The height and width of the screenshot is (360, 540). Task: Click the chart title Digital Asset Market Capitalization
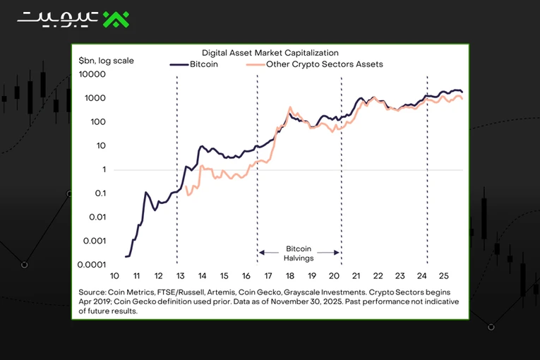click(x=270, y=53)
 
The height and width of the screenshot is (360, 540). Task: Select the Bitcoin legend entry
click(x=194, y=64)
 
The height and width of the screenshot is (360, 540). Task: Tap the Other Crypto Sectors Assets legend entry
click(x=314, y=64)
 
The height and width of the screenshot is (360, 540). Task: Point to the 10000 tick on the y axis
click(x=92, y=74)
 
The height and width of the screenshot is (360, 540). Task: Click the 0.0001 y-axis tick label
click(x=92, y=265)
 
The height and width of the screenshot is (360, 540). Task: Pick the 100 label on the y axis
click(x=98, y=122)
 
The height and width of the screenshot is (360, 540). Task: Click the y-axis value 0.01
click(x=97, y=217)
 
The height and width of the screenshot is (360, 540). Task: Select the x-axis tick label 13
click(x=181, y=276)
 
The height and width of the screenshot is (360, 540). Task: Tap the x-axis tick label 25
click(x=443, y=276)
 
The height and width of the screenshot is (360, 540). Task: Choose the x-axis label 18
click(x=290, y=276)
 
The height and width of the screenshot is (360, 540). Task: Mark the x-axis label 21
click(x=356, y=276)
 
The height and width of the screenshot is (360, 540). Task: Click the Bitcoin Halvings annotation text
click(x=299, y=253)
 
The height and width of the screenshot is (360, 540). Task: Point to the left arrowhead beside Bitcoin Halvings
click(x=261, y=253)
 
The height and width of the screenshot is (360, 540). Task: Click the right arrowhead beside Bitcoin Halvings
click(x=337, y=253)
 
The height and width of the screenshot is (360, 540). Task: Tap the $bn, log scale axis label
click(x=106, y=61)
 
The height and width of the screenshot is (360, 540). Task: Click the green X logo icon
click(x=116, y=19)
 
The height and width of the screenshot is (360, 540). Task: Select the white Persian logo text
click(x=58, y=20)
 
